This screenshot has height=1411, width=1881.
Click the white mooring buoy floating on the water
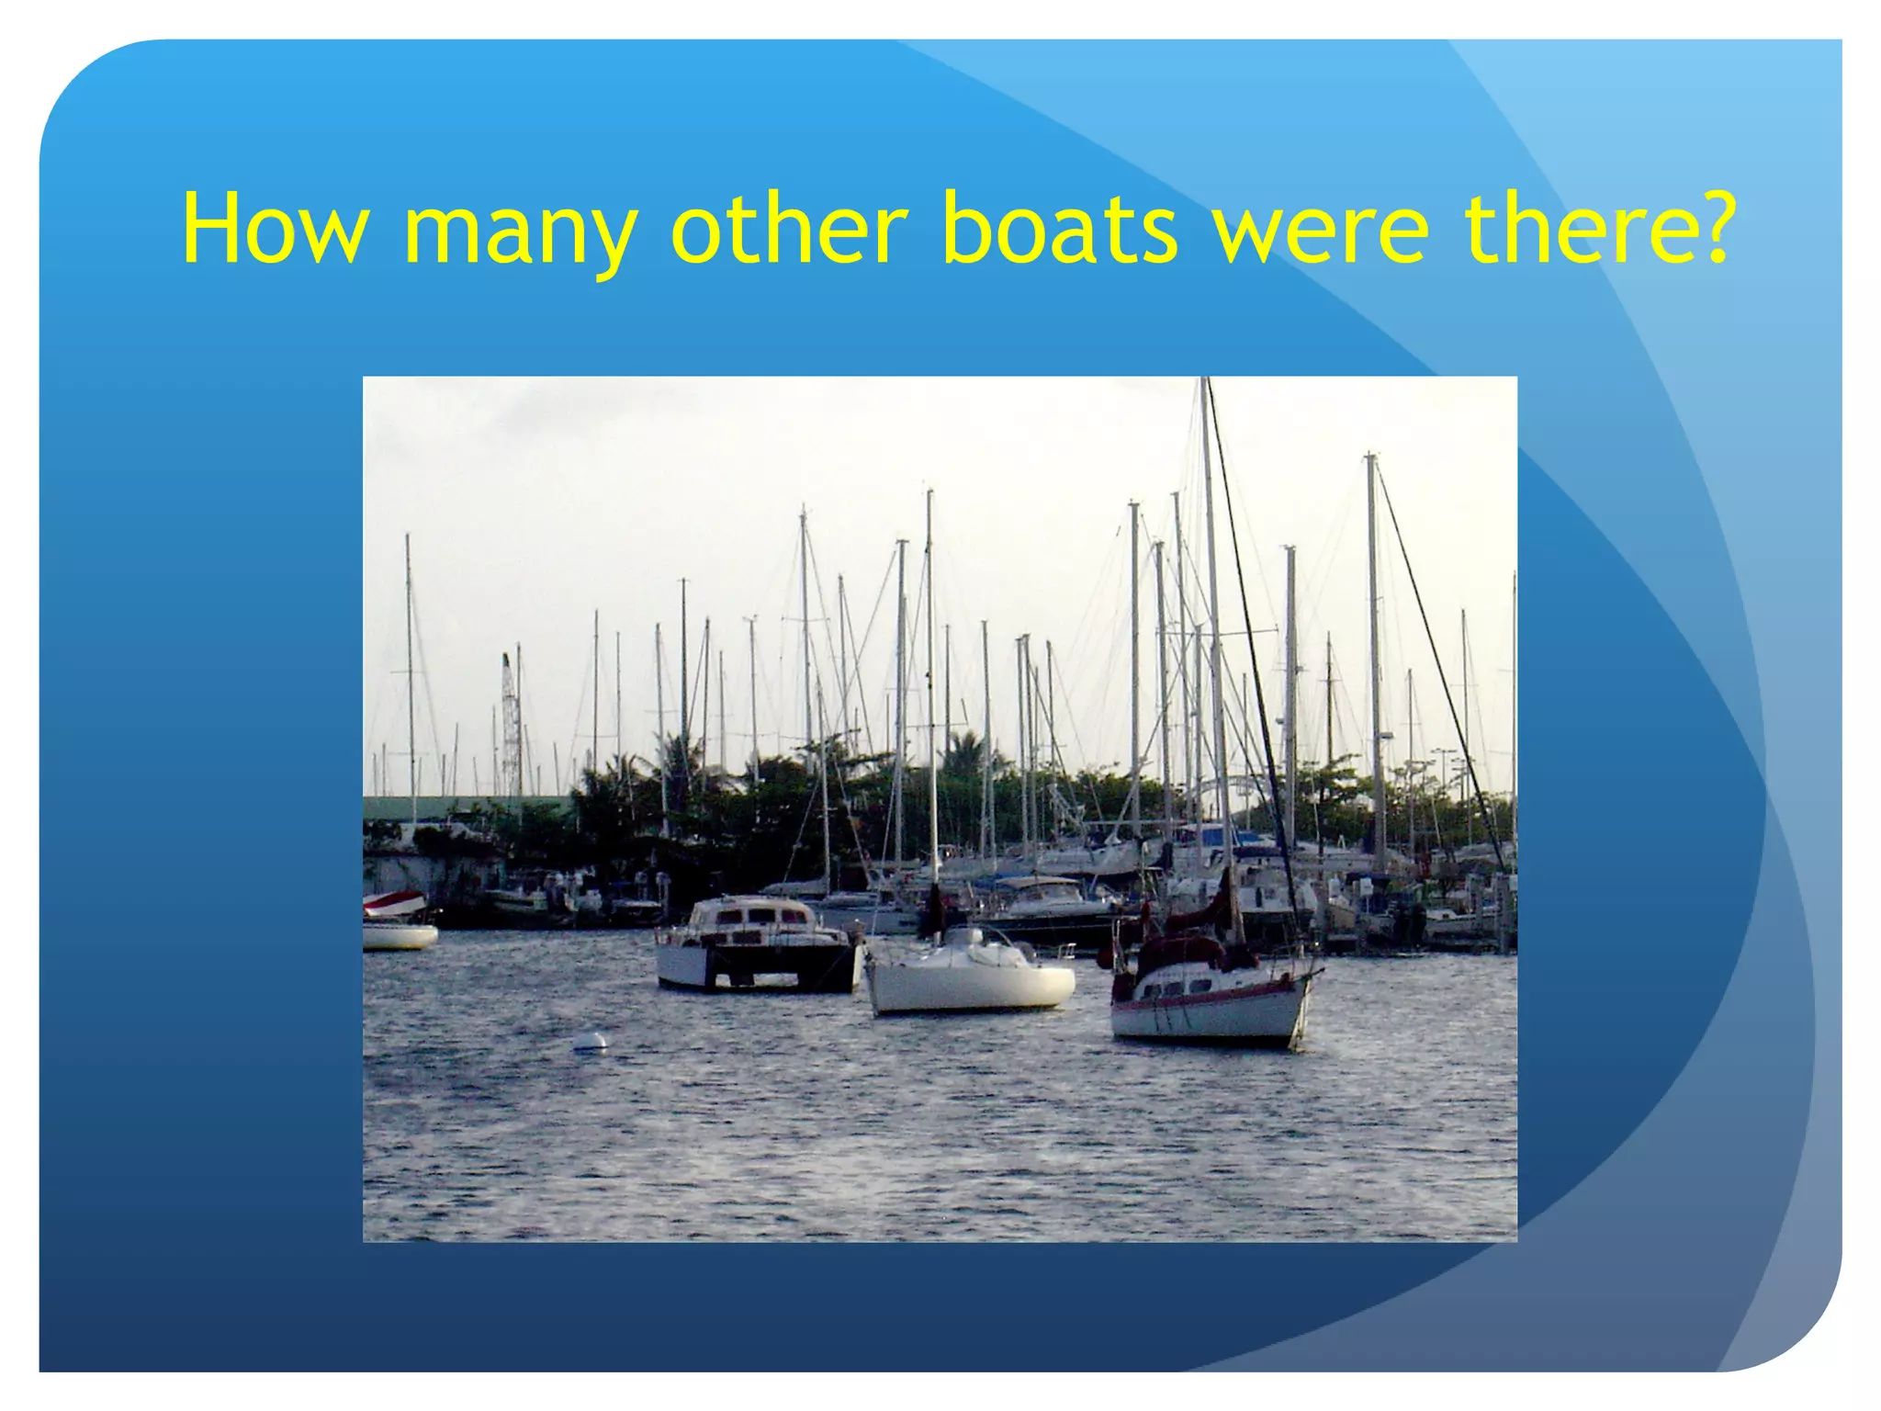(x=590, y=1042)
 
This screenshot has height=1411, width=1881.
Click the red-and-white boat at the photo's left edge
(x=397, y=919)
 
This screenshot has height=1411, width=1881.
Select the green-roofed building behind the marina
(x=459, y=807)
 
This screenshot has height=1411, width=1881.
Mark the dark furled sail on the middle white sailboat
(x=935, y=909)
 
